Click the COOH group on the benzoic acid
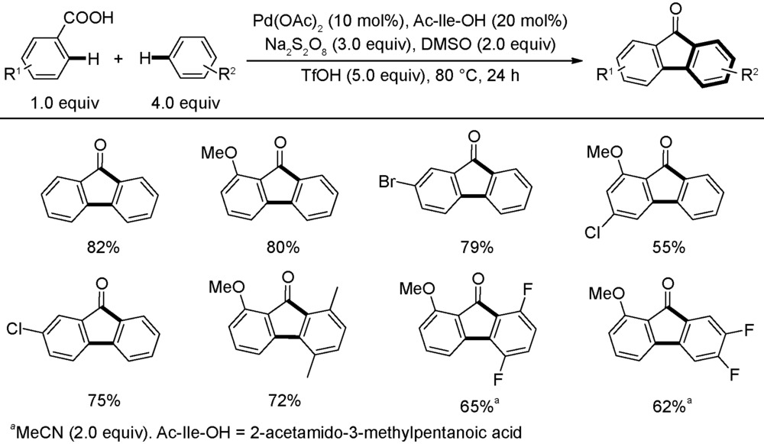click(x=88, y=18)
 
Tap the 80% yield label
click(x=283, y=248)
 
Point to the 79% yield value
click(x=477, y=248)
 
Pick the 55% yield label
click(x=668, y=248)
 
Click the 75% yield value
click(x=104, y=400)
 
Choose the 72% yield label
click(x=284, y=400)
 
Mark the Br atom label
click(x=388, y=183)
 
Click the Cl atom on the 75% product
click(x=15, y=330)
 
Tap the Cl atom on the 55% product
click(x=593, y=233)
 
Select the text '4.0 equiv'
click(x=186, y=103)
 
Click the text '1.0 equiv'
click(x=64, y=103)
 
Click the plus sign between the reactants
click(x=119, y=60)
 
